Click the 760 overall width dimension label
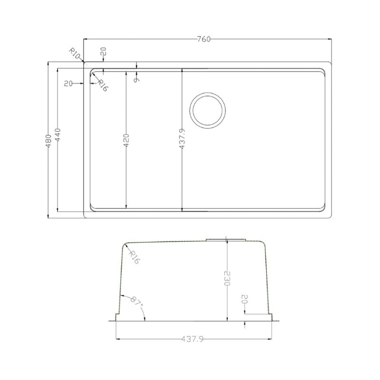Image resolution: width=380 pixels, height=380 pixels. point(204,39)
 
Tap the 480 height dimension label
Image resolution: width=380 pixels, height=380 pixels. point(48,141)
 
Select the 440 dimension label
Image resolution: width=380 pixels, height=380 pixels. point(57,135)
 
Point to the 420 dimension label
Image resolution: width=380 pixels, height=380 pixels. point(126,140)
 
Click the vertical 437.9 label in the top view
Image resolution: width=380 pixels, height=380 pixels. point(182,139)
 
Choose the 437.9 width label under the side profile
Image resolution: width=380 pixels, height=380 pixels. point(192,339)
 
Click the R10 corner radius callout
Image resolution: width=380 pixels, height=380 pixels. point(75,54)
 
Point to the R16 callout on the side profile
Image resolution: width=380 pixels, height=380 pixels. point(134,257)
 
